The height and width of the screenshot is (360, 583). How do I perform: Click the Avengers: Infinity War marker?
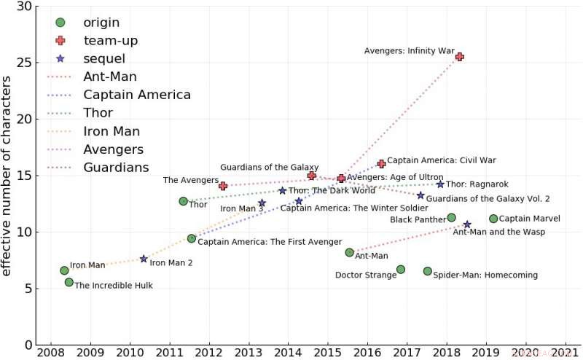[459, 56]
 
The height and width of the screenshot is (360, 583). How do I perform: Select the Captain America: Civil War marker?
[381, 164]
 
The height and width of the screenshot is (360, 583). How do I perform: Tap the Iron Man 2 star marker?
[144, 259]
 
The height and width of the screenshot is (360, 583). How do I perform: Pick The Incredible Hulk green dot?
[69, 282]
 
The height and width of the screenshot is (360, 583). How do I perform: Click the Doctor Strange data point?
[400, 270]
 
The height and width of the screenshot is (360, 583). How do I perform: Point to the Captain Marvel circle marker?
[493, 219]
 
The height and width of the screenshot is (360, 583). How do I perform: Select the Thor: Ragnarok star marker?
[440, 184]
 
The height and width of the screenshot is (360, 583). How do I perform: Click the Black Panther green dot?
[451, 217]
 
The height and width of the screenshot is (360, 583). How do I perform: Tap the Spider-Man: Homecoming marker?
[428, 271]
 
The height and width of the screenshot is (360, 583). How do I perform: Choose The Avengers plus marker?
[223, 187]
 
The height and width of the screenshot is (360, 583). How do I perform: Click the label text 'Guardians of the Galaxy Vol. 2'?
[488, 198]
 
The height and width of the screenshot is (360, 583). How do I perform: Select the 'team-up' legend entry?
[110, 41]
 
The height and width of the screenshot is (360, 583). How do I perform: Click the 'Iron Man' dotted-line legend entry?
[112, 132]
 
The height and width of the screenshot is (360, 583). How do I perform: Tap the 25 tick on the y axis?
[26, 63]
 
